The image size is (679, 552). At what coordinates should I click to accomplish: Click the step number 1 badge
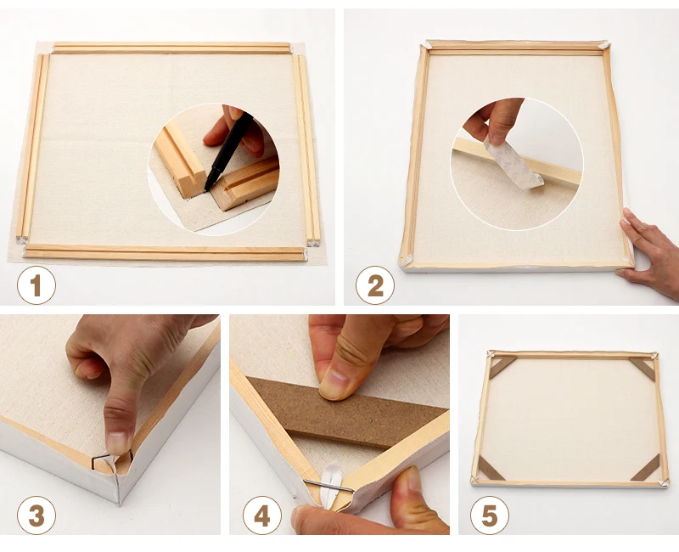click(36, 285)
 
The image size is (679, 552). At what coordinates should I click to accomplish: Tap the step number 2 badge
click(375, 285)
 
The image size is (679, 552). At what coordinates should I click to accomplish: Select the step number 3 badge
click(36, 514)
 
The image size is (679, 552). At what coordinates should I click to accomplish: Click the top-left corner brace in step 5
click(502, 366)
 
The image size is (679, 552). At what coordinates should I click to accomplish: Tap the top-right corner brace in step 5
click(642, 367)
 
